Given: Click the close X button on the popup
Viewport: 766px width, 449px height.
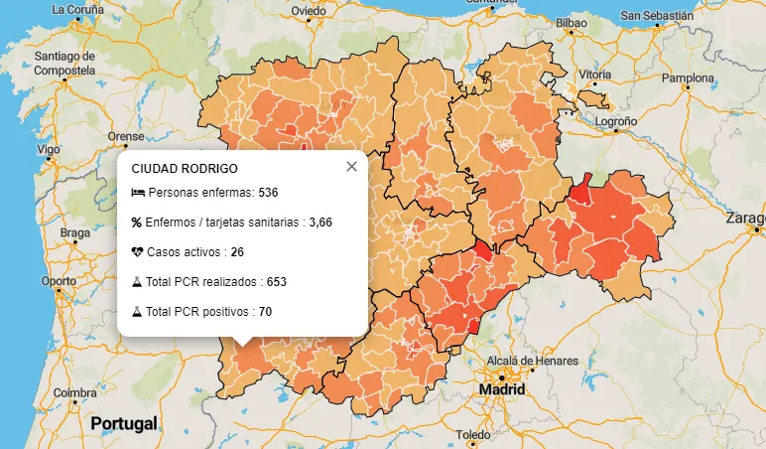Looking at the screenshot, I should click(x=351, y=167).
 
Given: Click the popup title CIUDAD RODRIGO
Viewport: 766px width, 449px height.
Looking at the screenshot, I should click(x=185, y=169).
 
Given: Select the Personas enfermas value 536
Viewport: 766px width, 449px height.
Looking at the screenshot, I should click(x=268, y=192).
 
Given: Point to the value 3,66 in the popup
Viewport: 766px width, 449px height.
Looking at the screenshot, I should click(x=320, y=223).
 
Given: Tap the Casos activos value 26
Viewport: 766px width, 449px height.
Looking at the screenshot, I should click(x=237, y=252).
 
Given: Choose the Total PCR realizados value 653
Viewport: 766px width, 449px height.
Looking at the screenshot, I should click(x=277, y=282).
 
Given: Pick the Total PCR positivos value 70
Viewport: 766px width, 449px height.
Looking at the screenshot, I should click(x=265, y=312).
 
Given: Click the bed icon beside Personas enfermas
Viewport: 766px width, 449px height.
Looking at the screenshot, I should click(x=138, y=192).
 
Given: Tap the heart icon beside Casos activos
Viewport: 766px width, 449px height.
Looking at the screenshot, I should click(x=138, y=252).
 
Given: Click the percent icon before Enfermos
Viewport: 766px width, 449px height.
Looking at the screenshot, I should click(x=137, y=223).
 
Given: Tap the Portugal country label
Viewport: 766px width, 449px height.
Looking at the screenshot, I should click(x=124, y=424).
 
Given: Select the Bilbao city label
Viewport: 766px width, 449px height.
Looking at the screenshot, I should click(x=572, y=22).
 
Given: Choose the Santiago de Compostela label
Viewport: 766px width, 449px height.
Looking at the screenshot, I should click(x=64, y=64).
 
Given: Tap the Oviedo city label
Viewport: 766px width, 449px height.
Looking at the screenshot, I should click(x=309, y=11).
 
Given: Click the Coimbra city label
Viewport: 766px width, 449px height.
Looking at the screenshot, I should click(x=75, y=392).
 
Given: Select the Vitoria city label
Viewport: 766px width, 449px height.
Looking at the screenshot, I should click(x=595, y=75).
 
